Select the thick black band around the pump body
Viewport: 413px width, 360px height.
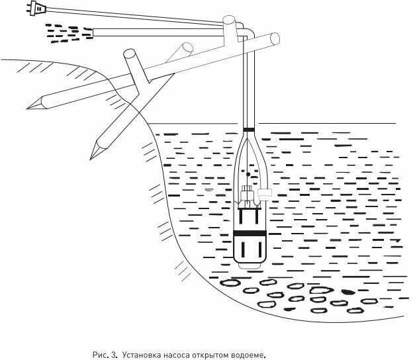tap(250, 234)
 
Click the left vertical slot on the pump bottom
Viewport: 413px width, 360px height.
tap(243, 250)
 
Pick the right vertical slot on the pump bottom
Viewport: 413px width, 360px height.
tap(257, 250)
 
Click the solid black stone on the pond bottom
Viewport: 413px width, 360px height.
tap(346, 291)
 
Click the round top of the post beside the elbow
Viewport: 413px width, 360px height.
tap(229, 21)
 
